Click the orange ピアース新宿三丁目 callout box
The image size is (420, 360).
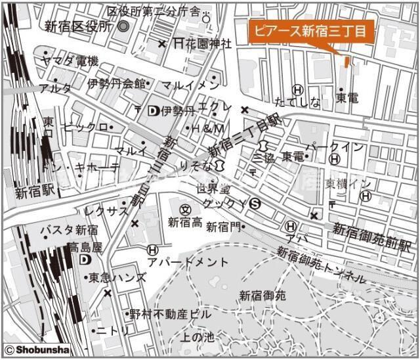click(310, 30)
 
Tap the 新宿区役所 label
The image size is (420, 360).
click(79, 26)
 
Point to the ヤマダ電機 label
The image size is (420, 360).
click(69, 61)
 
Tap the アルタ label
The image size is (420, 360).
click(54, 88)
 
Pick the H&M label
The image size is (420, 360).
click(208, 128)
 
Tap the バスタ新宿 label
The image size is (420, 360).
click(69, 230)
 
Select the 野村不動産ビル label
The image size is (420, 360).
click(171, 314)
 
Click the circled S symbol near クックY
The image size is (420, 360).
click(255, 205)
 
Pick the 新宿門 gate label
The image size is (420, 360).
click(222, 227)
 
